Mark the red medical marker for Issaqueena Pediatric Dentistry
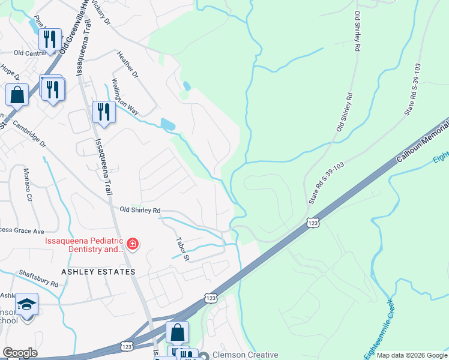click(132, 244)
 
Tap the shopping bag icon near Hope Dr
click(17, 94)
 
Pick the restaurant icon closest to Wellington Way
click(104, 112)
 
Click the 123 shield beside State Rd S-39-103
click(312, 223)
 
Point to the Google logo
click(20, 353)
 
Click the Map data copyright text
click(412, 355)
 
